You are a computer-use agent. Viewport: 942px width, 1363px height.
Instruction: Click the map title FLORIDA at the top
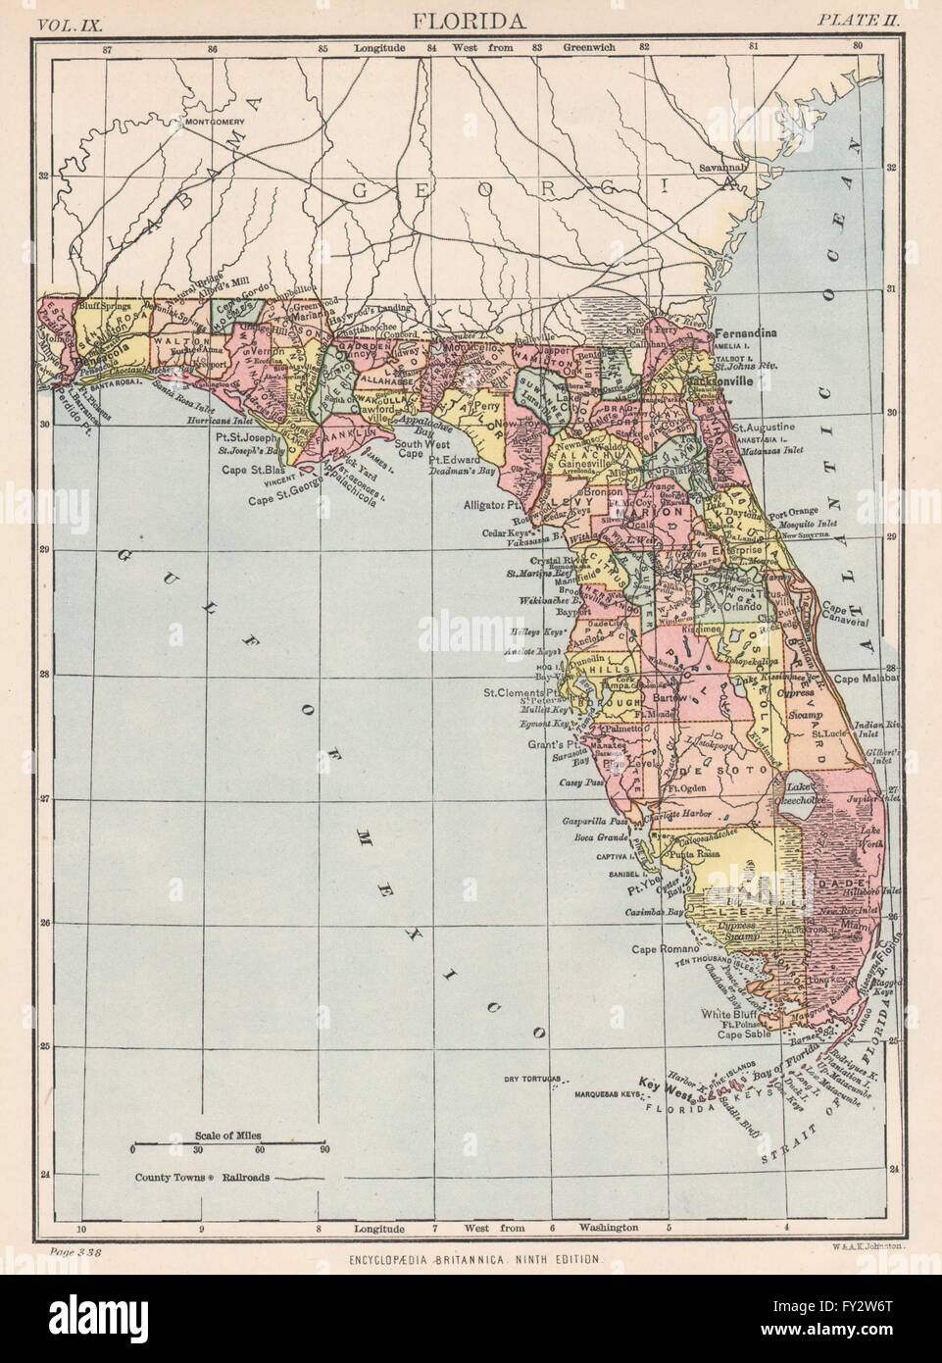tap(471, 19)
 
